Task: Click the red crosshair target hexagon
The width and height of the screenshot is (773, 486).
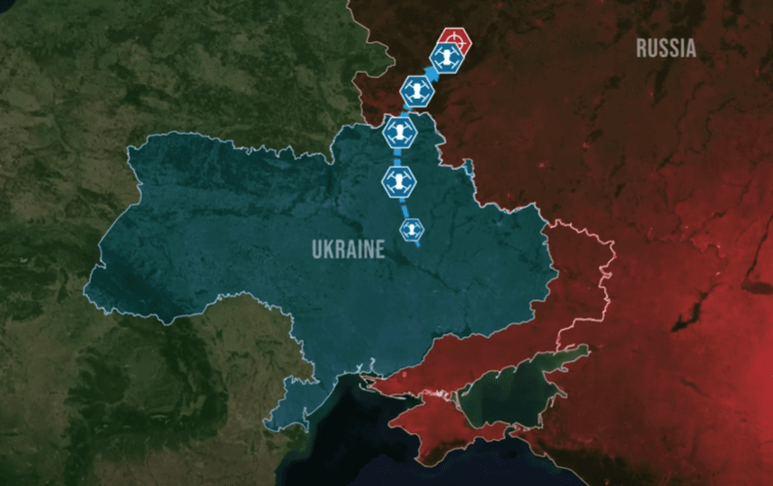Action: tap(455, 40)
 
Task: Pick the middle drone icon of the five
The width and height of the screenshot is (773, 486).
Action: tap(400, 133)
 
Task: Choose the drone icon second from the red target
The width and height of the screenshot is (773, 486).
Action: tap(417, 91)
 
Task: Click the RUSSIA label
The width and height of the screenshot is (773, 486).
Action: tap(666, 48)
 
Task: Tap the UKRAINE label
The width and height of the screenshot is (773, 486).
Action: tap(348, 250)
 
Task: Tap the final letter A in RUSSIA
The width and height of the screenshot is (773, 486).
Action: tap(690, 48)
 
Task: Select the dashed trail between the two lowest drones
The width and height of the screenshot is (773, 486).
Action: tap(405, 207)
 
